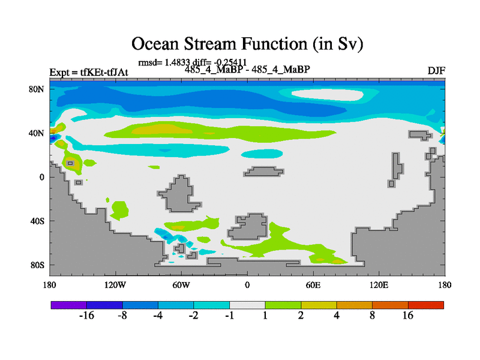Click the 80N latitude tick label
37,89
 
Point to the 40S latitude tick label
37,221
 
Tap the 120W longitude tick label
115,286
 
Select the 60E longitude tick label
313,286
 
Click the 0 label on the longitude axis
247,286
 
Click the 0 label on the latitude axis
41,177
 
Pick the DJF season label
436,71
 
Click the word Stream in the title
210,43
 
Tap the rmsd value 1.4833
178,62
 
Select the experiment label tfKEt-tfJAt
104,72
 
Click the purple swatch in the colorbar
69,305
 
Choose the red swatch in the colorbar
426,305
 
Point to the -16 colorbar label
86,316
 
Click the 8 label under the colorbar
372,316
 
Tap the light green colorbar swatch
283,305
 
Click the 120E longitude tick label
379,286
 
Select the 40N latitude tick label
37,133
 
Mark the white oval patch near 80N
328,95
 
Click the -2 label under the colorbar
193,316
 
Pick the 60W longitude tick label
181,286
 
